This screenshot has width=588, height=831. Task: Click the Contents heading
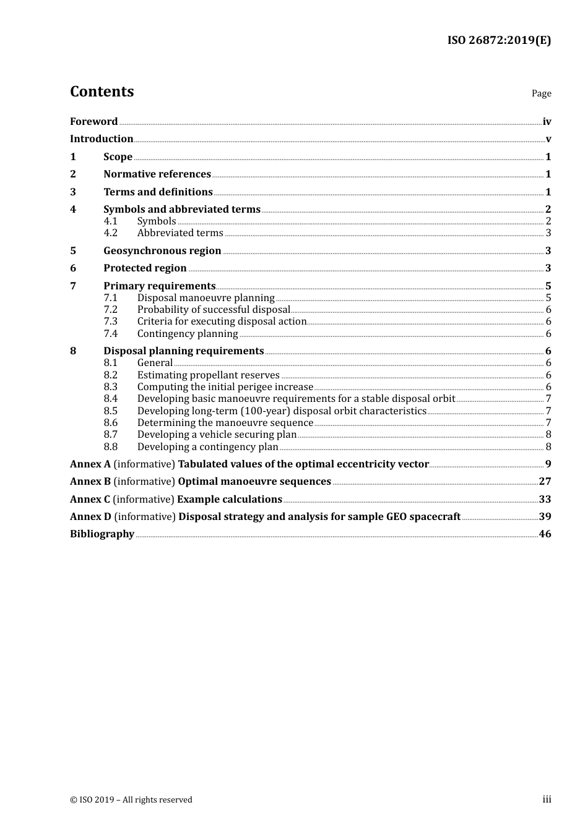tap(102, 92)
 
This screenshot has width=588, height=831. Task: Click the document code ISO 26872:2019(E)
tap(499, 40)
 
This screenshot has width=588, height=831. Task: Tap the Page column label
tap(541, 93)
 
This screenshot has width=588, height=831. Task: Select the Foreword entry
tap(93, 121)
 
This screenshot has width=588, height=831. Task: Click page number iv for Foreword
tap(547, 122)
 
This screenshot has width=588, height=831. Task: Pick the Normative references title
tap(157, 174)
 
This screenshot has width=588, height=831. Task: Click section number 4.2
tap(110, 233)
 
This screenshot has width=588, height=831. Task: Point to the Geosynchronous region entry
tap(162, 251)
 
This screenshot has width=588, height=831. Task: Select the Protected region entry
tap(145, 268)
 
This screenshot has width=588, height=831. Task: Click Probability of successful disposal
tap(214, 310)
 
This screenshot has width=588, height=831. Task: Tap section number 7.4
tap(110, 334)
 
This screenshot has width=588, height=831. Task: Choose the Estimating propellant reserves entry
tap(209, 375)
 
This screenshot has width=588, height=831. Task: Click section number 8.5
tap(110, 411)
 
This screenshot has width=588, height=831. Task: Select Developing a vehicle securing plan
tap(217, 435)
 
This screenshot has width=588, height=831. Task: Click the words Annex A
tap(90, 464)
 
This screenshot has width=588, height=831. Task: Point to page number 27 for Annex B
tap(545, 482)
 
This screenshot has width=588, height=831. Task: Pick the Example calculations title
tap(230, 500)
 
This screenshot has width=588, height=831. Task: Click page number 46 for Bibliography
tap(545, 534)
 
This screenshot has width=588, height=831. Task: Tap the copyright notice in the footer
tap(131, 800)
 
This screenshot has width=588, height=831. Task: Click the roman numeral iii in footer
tap(547, 799)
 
